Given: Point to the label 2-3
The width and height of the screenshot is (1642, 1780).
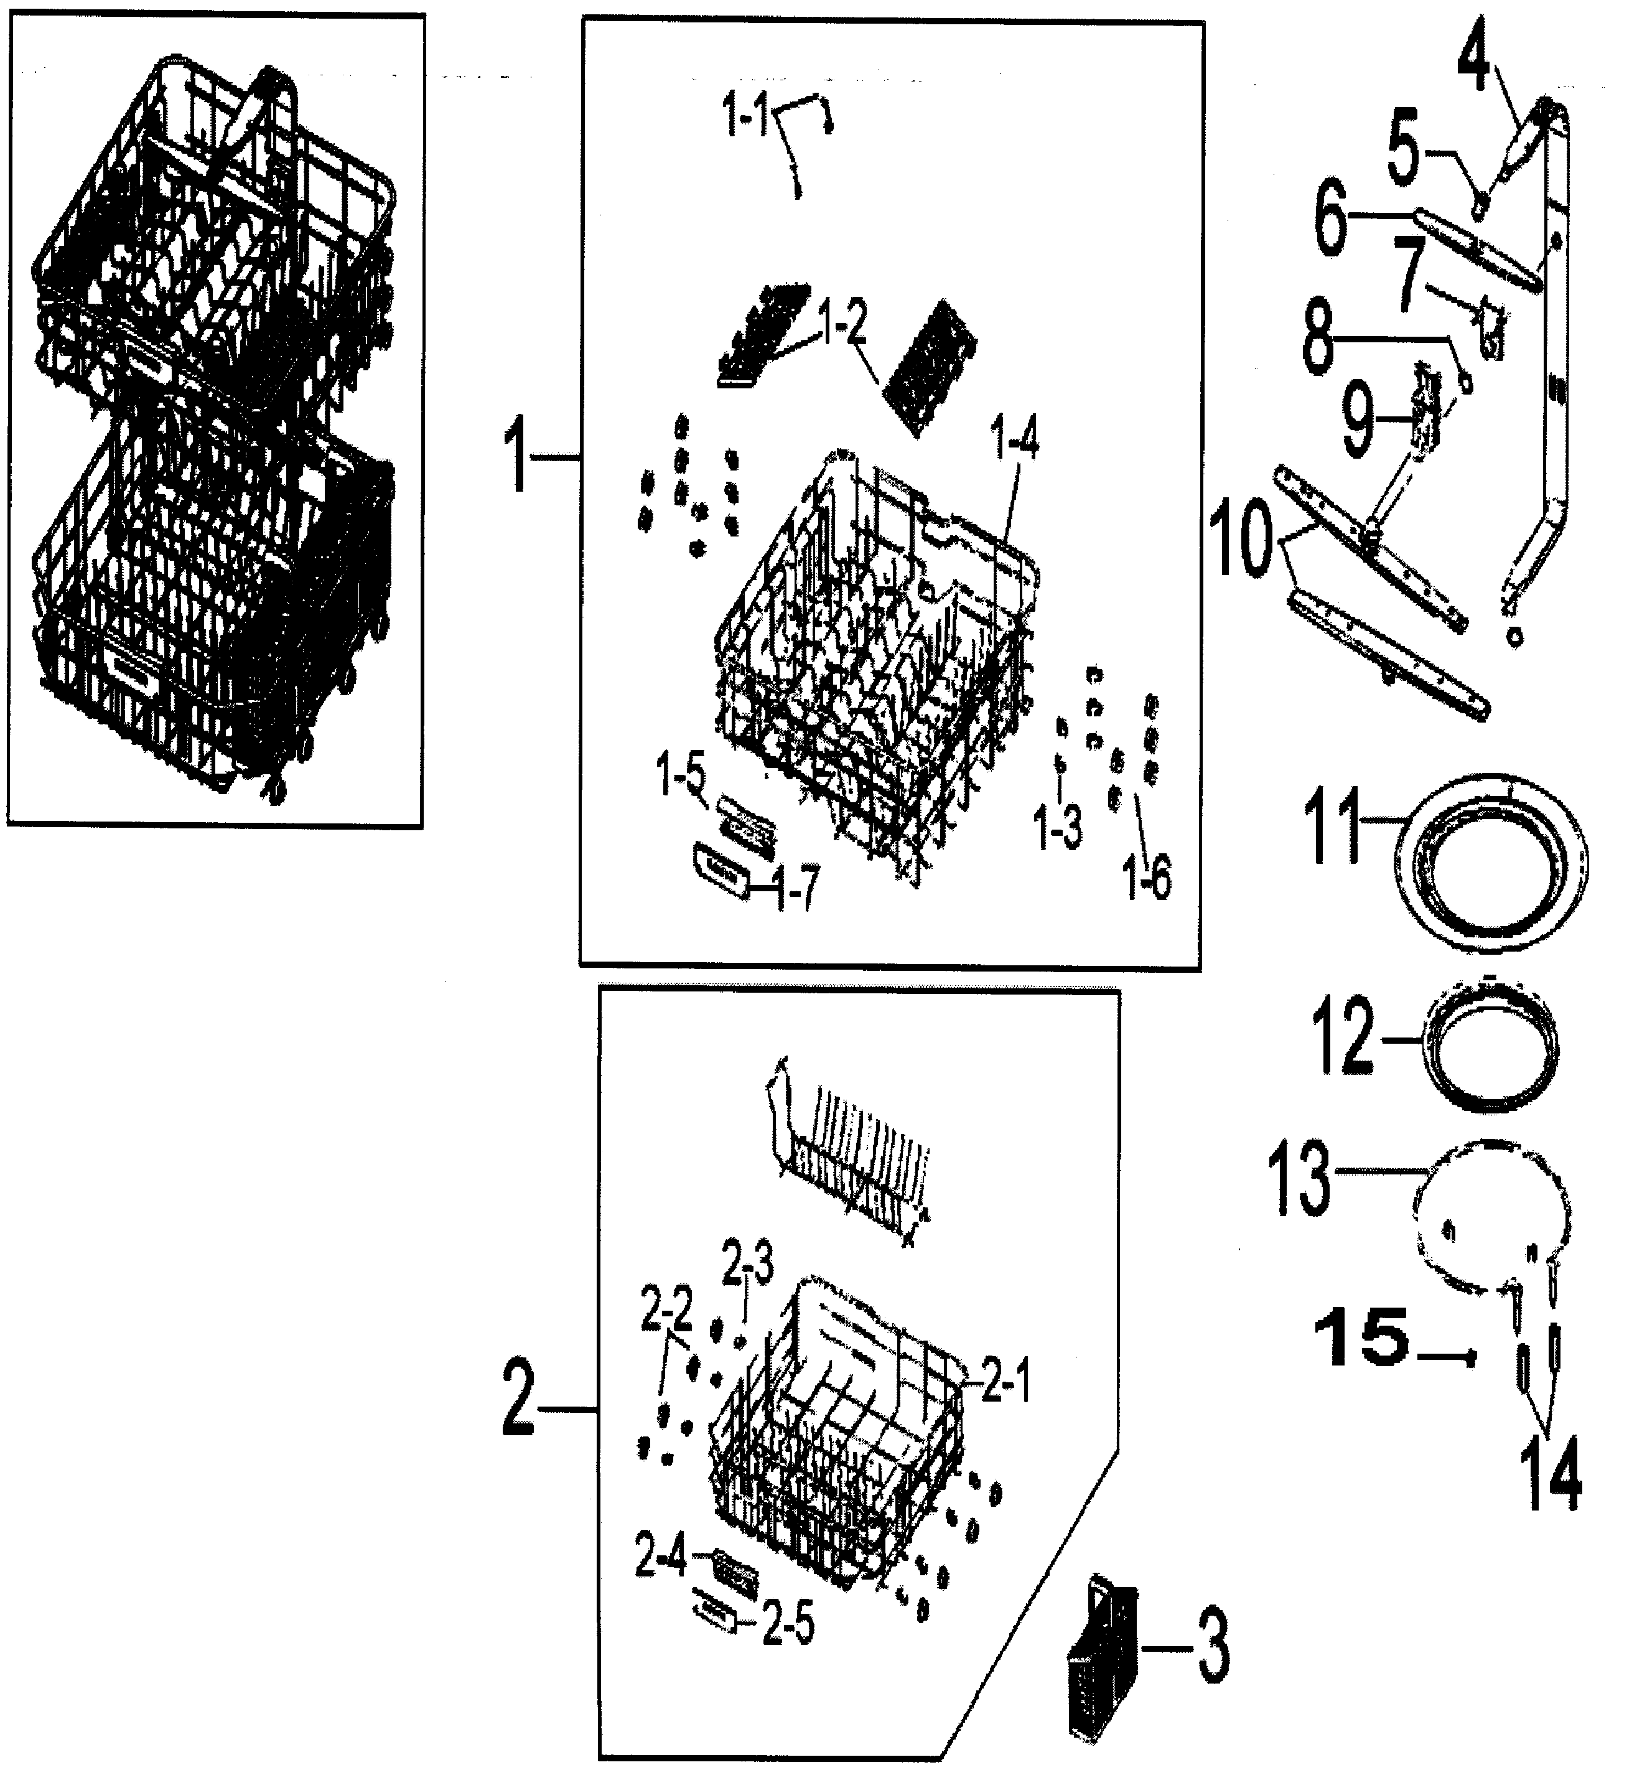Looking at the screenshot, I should coord(747,1265).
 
